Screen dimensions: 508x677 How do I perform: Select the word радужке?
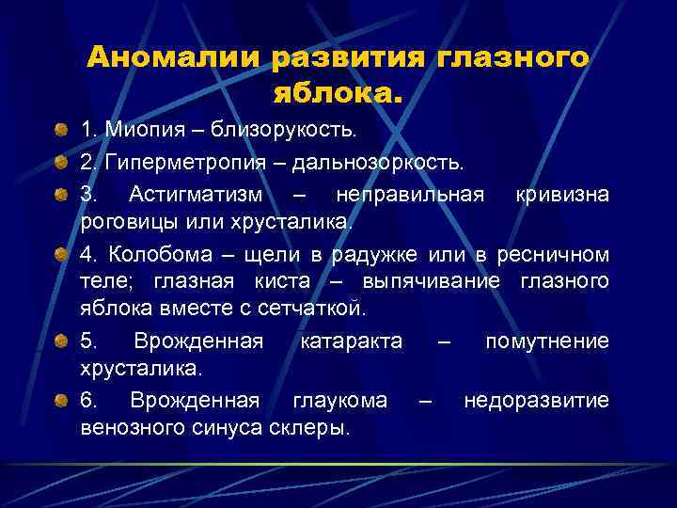point(384,256)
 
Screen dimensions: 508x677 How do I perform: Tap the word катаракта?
point(351,341)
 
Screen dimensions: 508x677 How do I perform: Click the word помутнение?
point(546,341)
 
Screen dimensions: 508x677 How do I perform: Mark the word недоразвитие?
point(536,401)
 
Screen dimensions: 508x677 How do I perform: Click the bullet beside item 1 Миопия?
point(60,128)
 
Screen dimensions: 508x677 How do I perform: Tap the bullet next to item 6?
point(60,402)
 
